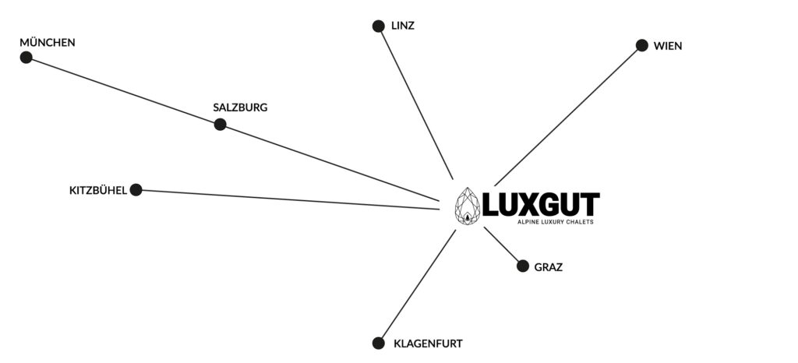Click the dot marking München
[x=26, y=58]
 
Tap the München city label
[x=48, y=42]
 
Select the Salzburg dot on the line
[x=220, y=124]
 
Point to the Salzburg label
[x=240, y=107]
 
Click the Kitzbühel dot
[x=136, y=189]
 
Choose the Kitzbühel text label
[x=97, y=191]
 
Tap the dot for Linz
[x=378, y=26]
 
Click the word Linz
[x=403, y=26]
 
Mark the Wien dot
[x=642, y=45]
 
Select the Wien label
[x=668, y=46]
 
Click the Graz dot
[x=523, y=266]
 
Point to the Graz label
[x=549, y=267]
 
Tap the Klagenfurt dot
[x=378, y=344]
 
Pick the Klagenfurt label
[x=428, y=344]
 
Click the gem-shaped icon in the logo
[x=468, y=206]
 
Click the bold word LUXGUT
[x=541, y=204]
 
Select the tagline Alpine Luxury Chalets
[x=555, y=222]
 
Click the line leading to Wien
[x=566, y=118]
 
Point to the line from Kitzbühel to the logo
[x=290, y=199]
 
